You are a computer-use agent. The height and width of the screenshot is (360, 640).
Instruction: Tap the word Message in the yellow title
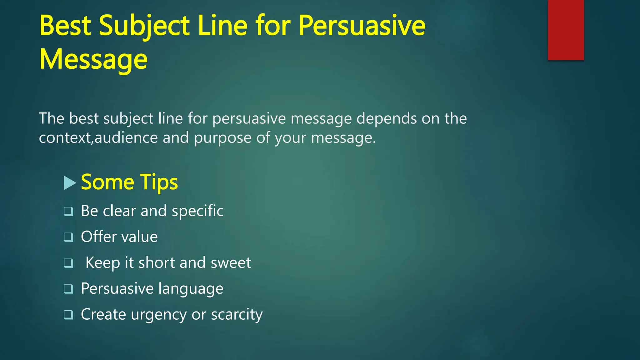click(x=93, y=59)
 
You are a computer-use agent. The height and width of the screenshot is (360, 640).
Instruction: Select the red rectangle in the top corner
click(x=566, y=30)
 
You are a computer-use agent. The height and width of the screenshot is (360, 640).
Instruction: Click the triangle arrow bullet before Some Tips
click(x=70, y=183)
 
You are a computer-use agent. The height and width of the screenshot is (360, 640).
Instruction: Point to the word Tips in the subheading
click(x=159, y=182)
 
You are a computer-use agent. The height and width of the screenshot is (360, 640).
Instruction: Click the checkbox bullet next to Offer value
click(x=68, y=237)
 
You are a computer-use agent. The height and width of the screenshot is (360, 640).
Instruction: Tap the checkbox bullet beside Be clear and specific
click(x=68, y=212)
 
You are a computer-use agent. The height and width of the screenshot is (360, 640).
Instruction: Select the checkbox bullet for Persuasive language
click(x=68, y=289)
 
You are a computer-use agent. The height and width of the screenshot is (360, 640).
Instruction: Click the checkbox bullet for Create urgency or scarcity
click(x=68, y=315)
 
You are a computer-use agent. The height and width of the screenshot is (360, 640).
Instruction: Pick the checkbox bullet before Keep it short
click(x=68, y=263)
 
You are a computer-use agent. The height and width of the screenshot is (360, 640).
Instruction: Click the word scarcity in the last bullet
click(x=237, y=315)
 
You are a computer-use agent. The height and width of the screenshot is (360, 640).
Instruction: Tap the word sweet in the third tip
click(x=231, y=263)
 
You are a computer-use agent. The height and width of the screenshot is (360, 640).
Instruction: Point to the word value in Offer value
click(x=140, y=237)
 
